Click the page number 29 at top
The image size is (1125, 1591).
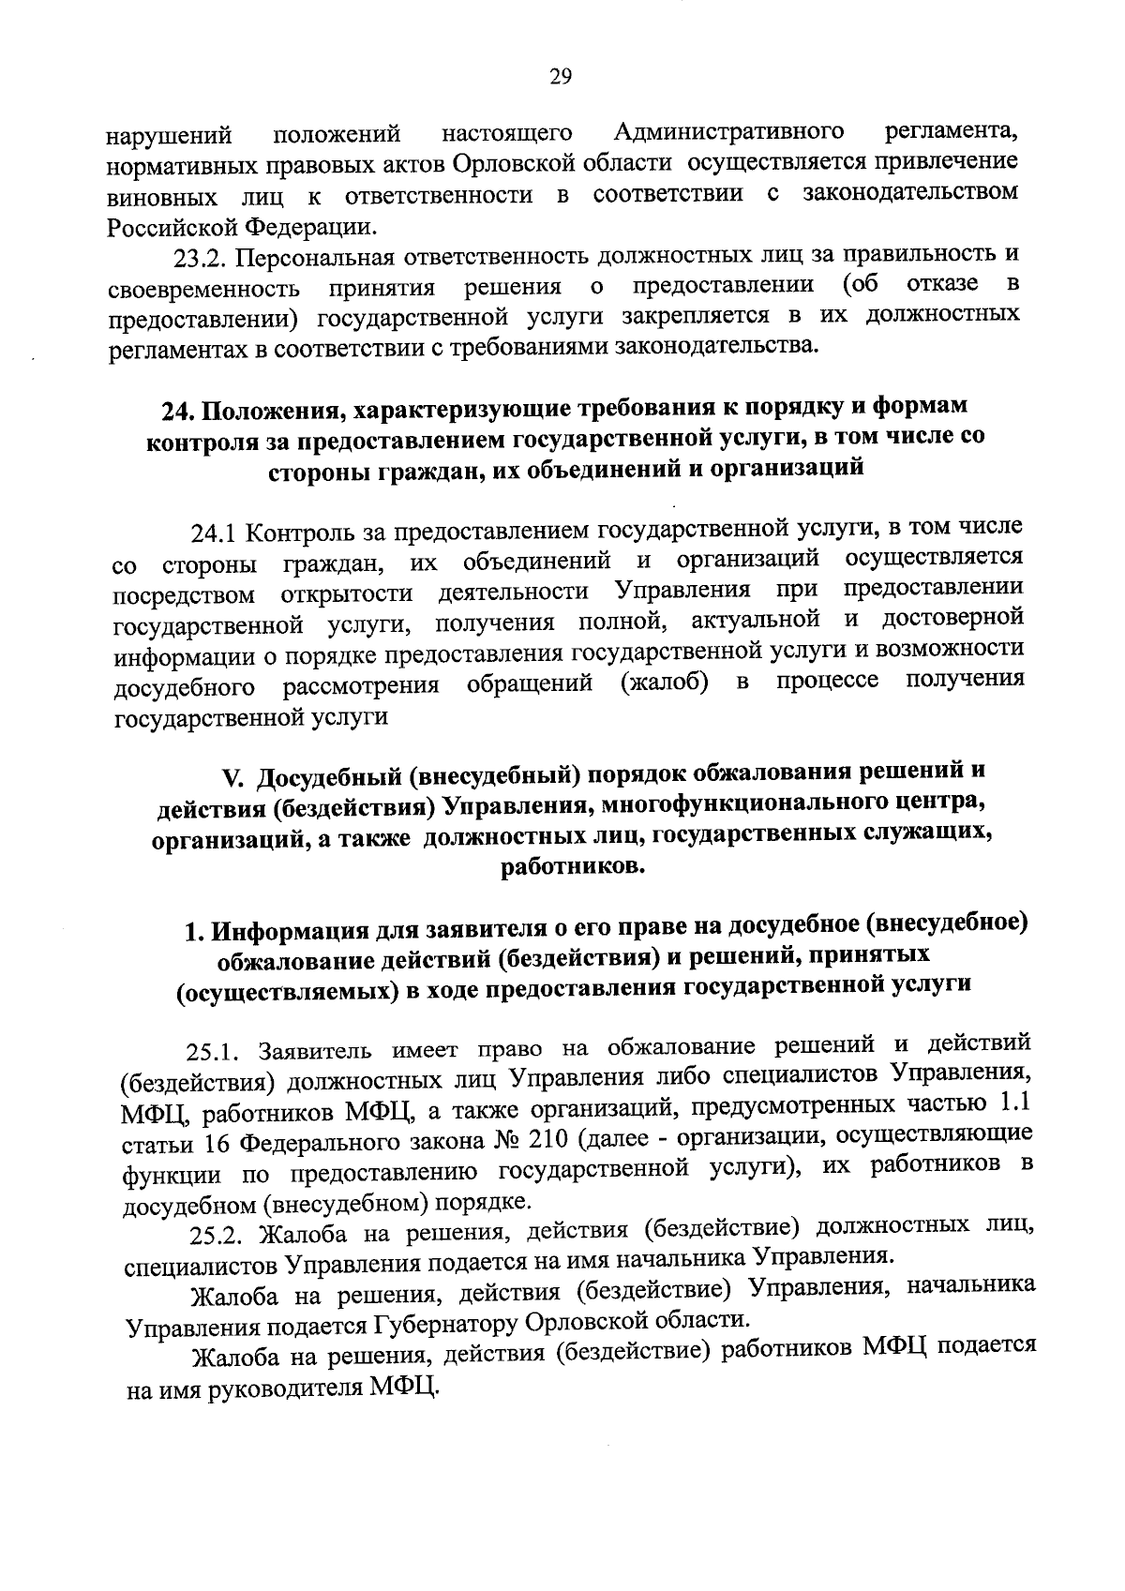[x=561, y=77]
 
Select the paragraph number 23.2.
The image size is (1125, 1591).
[x=201, y=258]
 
